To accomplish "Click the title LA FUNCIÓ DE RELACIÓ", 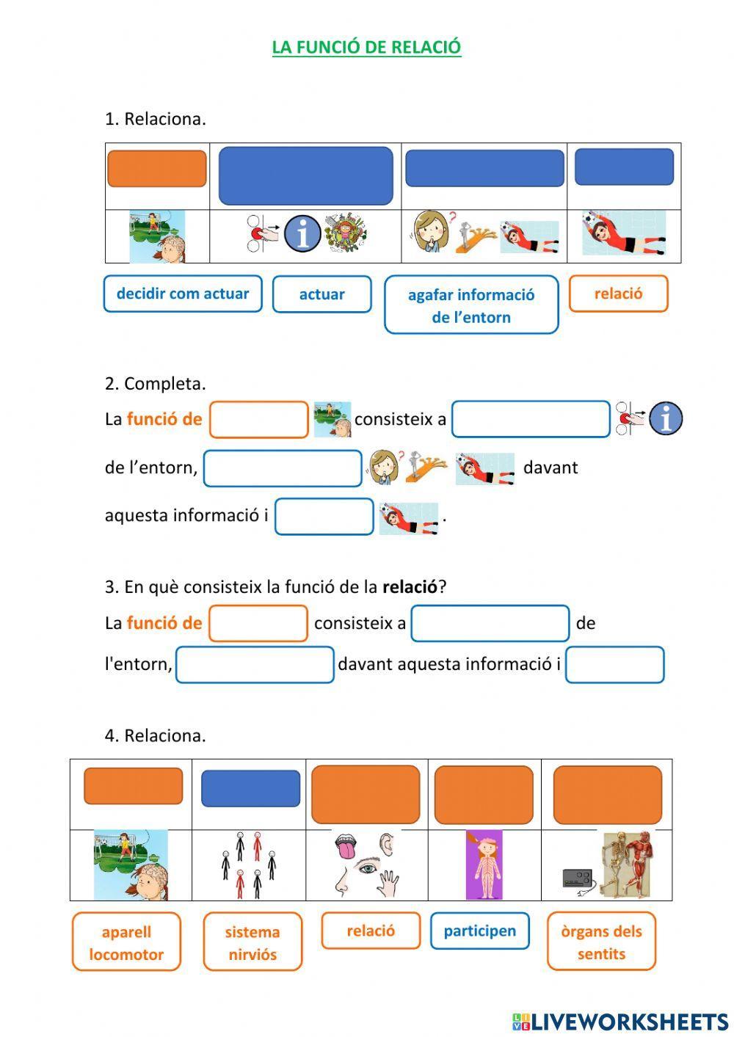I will pos(366,47).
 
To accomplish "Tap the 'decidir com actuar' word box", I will pos(183,294).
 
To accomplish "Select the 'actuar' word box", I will pos(321,294).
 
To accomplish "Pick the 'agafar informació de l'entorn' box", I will pos(471,305).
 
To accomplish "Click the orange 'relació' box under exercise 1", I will pos(618,294).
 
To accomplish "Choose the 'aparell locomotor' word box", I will pos(126,942).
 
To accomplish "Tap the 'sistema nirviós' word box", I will pos(252,942).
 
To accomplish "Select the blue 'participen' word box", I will pos(479,931).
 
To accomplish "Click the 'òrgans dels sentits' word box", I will pos(601,942).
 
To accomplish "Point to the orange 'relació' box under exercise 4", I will pos(371,931).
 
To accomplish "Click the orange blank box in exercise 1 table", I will pos(157,169).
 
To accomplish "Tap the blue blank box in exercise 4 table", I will pos(250,788).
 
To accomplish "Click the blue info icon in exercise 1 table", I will pos(302,234).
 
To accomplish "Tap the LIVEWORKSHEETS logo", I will pos(619,1021).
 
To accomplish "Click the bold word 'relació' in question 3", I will pos(410,587).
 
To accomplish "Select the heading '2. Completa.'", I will pos(155,383).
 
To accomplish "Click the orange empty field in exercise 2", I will pos(258,420).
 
